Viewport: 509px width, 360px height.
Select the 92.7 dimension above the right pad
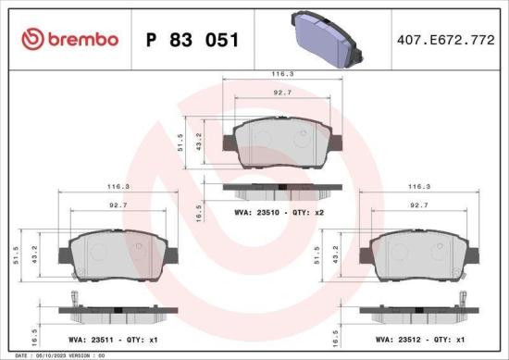point(418,206)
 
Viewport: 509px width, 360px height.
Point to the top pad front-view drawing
point(285,143)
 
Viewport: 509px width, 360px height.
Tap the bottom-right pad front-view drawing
point(421,255)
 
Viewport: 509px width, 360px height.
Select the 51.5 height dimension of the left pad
point(15,255)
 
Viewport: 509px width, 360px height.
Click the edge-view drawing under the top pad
point(284,192)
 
